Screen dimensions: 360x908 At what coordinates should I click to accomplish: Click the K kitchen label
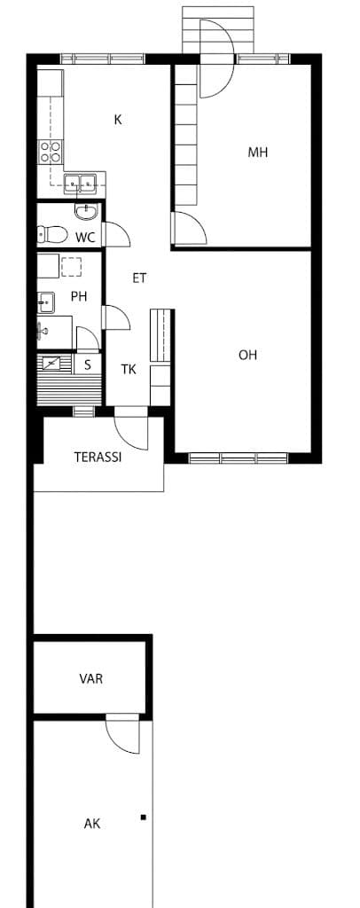click(x=118, y=120)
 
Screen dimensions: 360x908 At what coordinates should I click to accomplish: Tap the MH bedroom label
click(x=257, y=153)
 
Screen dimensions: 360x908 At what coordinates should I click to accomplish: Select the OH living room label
click(x=247, y=355)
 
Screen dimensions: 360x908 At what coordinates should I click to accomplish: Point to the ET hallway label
click(x=139, y=278)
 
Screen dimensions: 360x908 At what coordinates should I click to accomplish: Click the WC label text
click(x=85, y=237)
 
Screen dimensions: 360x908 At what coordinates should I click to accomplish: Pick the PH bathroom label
click(x=79, y=296)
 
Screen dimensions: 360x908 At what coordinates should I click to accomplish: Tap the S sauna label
click(x=88, y=364)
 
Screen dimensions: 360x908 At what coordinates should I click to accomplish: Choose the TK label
click(x=129, y=370)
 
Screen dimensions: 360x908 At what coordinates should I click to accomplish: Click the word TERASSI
click(x=98, y=457)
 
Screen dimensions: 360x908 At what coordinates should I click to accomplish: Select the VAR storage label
click(x=90, y=678)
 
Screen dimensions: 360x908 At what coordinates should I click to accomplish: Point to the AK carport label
click(x=91, y=824)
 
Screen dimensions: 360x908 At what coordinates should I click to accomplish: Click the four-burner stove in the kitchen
click(x=51, y=151)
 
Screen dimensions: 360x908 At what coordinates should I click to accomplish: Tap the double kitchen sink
click(x=79, y=184)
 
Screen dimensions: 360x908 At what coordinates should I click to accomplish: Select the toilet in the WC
click(x=51, y=234)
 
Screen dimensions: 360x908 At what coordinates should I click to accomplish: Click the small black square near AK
click(x=143, y=818)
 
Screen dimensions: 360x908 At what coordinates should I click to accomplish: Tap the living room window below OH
click(x=239, y=458)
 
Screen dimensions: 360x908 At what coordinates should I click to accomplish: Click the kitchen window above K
click(x=103, y=58)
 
